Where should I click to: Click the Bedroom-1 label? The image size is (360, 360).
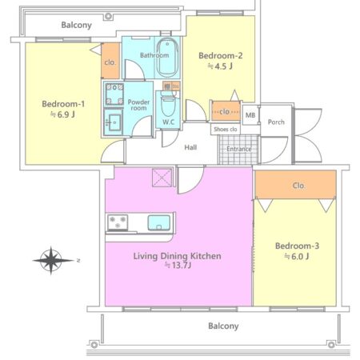pos(63,104)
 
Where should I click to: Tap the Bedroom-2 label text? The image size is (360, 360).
pos(221,55)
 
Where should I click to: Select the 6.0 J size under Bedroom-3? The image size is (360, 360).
pos(297,256)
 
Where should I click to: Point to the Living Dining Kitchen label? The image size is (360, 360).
pos(177,256)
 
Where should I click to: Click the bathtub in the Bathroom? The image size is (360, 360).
pos(167,58)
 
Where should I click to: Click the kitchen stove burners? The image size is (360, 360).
pos(118,222)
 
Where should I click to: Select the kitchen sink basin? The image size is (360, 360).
pos(159,222)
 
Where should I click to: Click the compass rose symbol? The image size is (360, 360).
pos(51,261)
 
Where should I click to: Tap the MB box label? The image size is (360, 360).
pos(250,115)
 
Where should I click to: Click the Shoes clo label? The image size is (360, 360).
pos(226,130)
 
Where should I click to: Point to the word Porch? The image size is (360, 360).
pos(276,122)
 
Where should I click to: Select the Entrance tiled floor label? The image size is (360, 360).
pos(239,149)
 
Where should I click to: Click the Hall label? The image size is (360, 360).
pos(190,147)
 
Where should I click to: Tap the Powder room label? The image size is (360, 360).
pos(138,105)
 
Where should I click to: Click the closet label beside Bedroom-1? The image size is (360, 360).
pos(110,62)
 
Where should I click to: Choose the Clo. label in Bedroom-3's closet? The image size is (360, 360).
pos(298,186)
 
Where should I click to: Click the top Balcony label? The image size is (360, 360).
pos(77,25)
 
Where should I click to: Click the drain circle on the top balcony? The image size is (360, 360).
pos(108,16)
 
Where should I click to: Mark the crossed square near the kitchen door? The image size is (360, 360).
pos(162,178)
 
